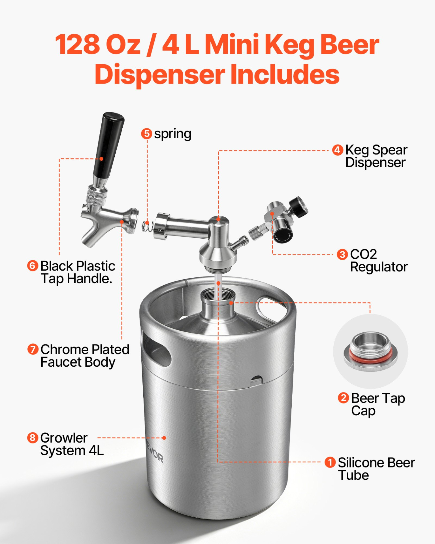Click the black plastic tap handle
point(109,146)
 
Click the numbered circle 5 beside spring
point(146,133)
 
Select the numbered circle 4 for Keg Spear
point(337,150)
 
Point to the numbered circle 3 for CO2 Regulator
point(342,254)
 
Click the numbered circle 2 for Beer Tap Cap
point(343,398)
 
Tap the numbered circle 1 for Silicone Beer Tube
point(330,462)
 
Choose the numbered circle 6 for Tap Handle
point(33,266)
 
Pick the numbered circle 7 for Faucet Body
point(33,349)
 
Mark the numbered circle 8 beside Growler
point(33,437)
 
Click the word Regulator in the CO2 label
point(379,267)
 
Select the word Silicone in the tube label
point(361,463)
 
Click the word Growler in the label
point(64,438)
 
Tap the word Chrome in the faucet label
point(60,349)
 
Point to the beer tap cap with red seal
point(370,352)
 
